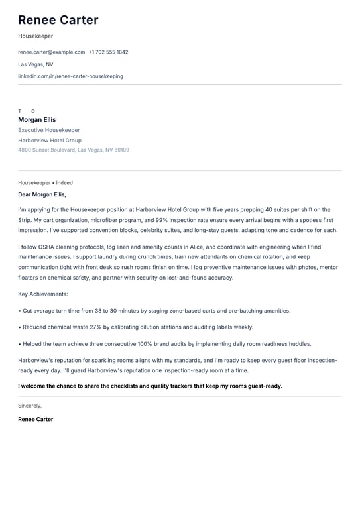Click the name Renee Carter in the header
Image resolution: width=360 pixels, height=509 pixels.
coord(58,20)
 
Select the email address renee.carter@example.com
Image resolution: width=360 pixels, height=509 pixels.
coord(51,52)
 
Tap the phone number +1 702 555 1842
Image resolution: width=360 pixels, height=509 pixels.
coord(109,52)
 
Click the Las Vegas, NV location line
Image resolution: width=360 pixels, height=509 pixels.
coord(36,64)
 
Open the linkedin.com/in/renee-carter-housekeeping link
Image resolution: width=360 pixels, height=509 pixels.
coord(70,76)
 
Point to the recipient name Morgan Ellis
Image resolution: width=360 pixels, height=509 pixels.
coord(37,120)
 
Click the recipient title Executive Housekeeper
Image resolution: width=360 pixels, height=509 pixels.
coord(49,130)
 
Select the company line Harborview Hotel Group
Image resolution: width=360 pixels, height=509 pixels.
coord(50,141)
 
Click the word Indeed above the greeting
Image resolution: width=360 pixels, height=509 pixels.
coord(64,182)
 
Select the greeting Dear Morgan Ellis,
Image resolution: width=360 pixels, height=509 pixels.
coord(42,194)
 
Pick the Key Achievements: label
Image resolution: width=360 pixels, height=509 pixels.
coord(43,294)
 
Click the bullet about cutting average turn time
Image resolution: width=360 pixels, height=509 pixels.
coord(156,310)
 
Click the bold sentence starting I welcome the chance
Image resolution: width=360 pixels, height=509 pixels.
coord(150,386)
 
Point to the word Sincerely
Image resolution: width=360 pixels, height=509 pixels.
coord(30,405)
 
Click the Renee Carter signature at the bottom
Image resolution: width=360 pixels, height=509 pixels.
coord(36,419)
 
